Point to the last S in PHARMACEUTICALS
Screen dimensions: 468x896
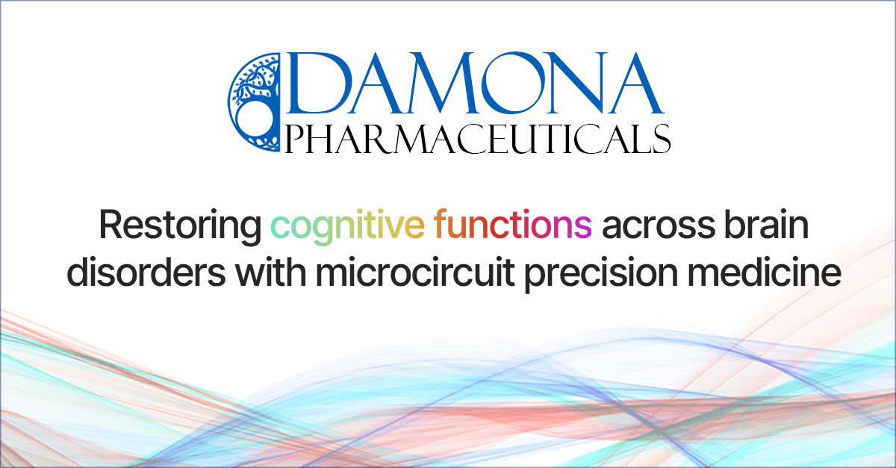click(659, 139)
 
